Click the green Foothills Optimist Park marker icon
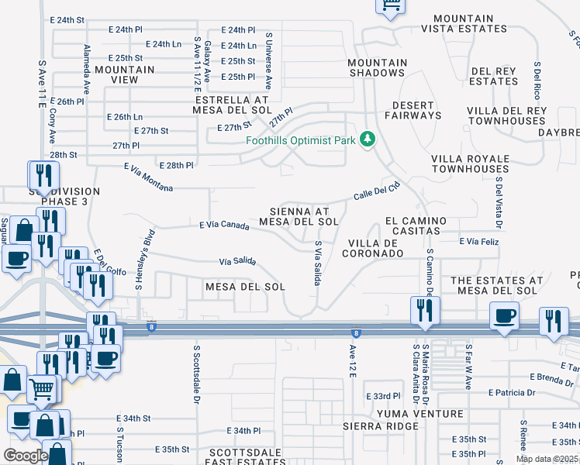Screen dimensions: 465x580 click(367, 139)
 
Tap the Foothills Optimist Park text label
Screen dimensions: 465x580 click(300, 140)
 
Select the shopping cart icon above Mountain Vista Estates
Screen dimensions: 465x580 click(391, 6)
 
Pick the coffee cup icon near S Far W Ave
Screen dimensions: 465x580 click(505, 316)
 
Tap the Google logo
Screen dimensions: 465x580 click(25, 455)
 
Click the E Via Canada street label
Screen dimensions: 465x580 click(224, 226)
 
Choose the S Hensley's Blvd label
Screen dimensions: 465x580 click(145, 260)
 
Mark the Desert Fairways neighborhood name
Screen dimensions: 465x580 click(416, 110)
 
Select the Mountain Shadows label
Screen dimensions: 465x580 click(377, 67)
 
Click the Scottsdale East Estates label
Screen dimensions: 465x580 click(221, 456)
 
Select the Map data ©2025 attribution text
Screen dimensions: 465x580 click(547, 459)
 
